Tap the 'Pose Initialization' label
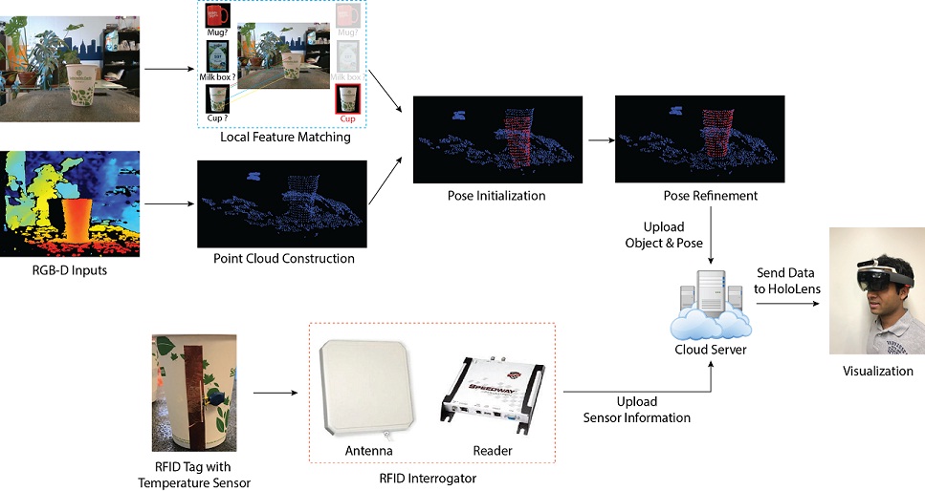496,196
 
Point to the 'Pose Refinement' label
710,196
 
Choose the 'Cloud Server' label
711,350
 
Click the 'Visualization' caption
877,371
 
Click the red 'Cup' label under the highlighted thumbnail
345,118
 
